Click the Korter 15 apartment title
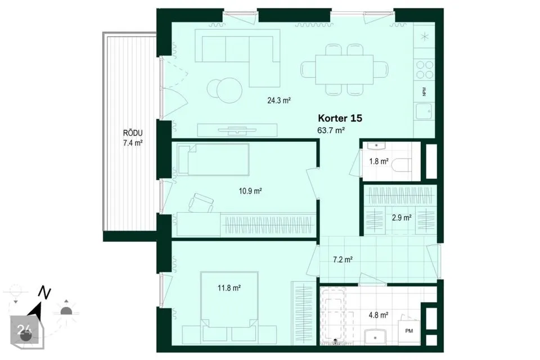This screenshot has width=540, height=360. (x=340, y=118)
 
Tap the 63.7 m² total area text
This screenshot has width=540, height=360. (x=331, y=130)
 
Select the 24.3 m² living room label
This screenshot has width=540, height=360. (x=279, y=101)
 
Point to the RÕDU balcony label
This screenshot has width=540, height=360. (x=133, y=133)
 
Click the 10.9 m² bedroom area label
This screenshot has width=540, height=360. (x=250, y=191)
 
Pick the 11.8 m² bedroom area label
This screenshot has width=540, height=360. (x=229, y=288)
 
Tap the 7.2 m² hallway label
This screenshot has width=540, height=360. (x=343, y=260)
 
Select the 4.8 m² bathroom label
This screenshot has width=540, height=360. (x=379, y=314)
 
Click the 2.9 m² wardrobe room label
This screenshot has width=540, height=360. (x=402, y=218)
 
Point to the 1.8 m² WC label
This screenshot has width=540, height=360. (x=379, y=161)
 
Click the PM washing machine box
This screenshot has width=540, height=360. (x=409, y=331)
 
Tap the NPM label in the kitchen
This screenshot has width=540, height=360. (x=424, y=91)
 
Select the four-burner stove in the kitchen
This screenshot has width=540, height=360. (x=425, y=70)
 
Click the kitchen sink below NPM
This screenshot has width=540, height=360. (x=424, y=111)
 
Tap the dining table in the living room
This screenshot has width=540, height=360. (x=344, y=70)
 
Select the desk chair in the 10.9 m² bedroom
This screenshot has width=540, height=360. (x=201, y=202)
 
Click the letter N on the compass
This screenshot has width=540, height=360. (x=44, y=292)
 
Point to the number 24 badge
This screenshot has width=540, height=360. (x=24, y=330)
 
